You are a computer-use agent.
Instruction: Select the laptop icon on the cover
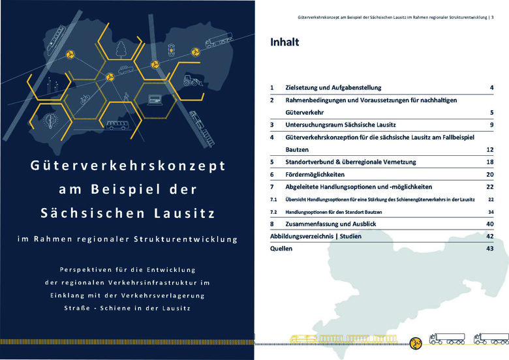coord(155,100)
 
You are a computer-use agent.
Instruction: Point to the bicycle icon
coord(84,100)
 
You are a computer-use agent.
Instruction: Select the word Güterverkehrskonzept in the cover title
coord(128,166)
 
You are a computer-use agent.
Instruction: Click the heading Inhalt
coord(285,43)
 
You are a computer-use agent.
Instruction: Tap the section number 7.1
coord(274,200)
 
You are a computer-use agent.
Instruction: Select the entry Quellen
coord(282,248)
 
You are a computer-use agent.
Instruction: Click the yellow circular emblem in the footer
coord(415,340)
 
